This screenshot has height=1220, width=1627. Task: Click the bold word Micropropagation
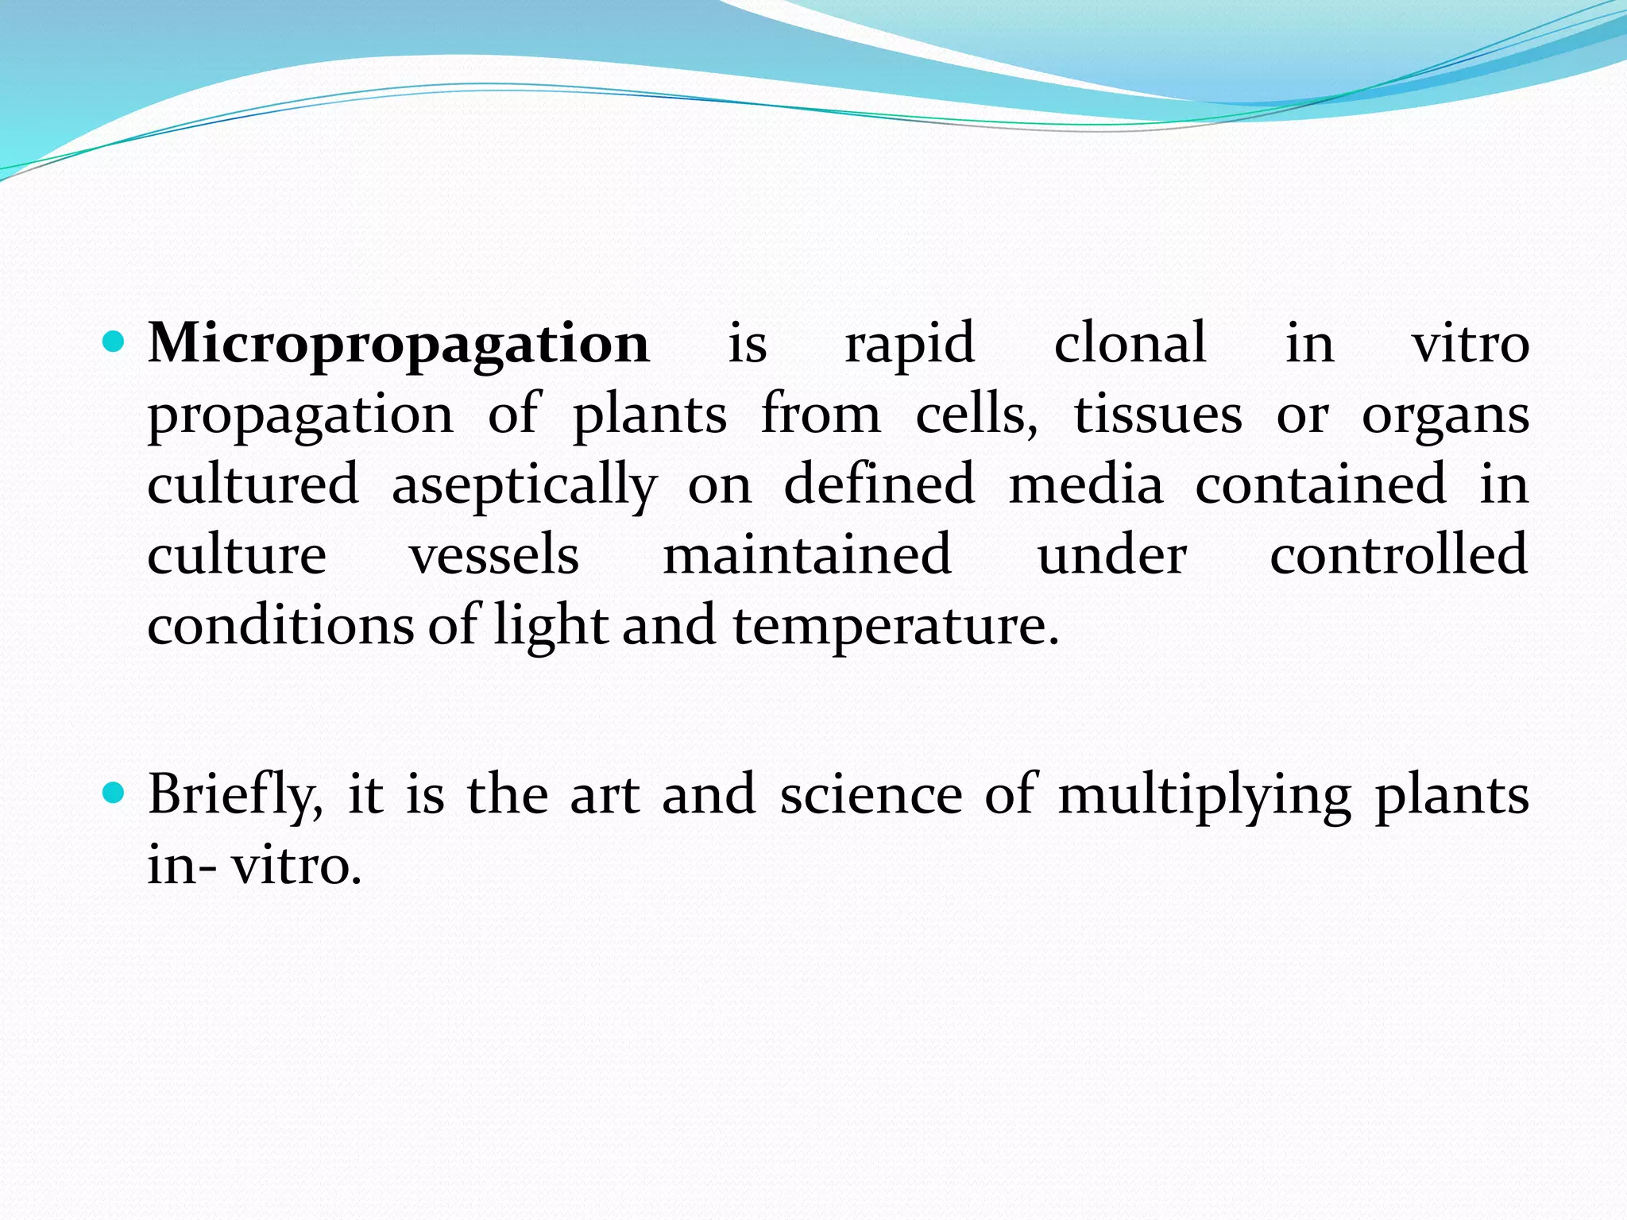[x=399, y=345]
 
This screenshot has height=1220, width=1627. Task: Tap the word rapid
[x=910, y=345]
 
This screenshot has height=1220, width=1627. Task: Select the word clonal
[x=1130, y=343]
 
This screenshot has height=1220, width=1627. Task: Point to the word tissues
[x=1157, y=415]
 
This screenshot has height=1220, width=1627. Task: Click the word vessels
[x=494, y=554]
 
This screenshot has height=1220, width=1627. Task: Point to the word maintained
[x=807, y=554]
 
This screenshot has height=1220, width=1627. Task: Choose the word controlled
[x=1398, y=554]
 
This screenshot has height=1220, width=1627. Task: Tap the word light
[x=551, y=626]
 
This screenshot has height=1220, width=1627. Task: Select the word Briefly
[x=235, y=795]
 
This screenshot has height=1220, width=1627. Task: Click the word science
[x=871, y=795]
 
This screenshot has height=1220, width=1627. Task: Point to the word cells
[x=976, y=415]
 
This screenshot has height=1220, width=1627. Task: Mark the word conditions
[x=280, y=624]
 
